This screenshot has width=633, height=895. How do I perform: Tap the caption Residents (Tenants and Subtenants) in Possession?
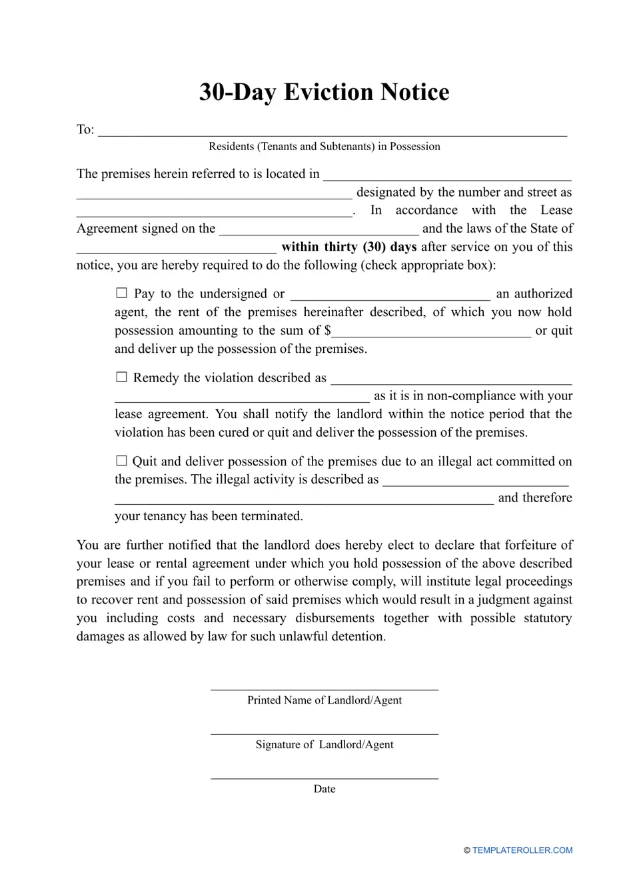(x=324, y=147)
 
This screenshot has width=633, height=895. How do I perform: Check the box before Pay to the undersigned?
(x=121, y=293)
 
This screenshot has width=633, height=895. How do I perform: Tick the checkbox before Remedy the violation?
(x=121, y=377)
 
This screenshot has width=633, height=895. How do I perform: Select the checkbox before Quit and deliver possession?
(x=121, y=461)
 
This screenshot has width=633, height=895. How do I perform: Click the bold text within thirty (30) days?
(x=348, y=247)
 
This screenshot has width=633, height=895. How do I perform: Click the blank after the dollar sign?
(x=431, y=331)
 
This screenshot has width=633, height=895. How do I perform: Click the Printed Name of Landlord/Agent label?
(x=324, y=700)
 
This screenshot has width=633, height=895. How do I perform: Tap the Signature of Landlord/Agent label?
(x=324, y=745)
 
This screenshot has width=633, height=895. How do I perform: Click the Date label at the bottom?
(x=324, y=789)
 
